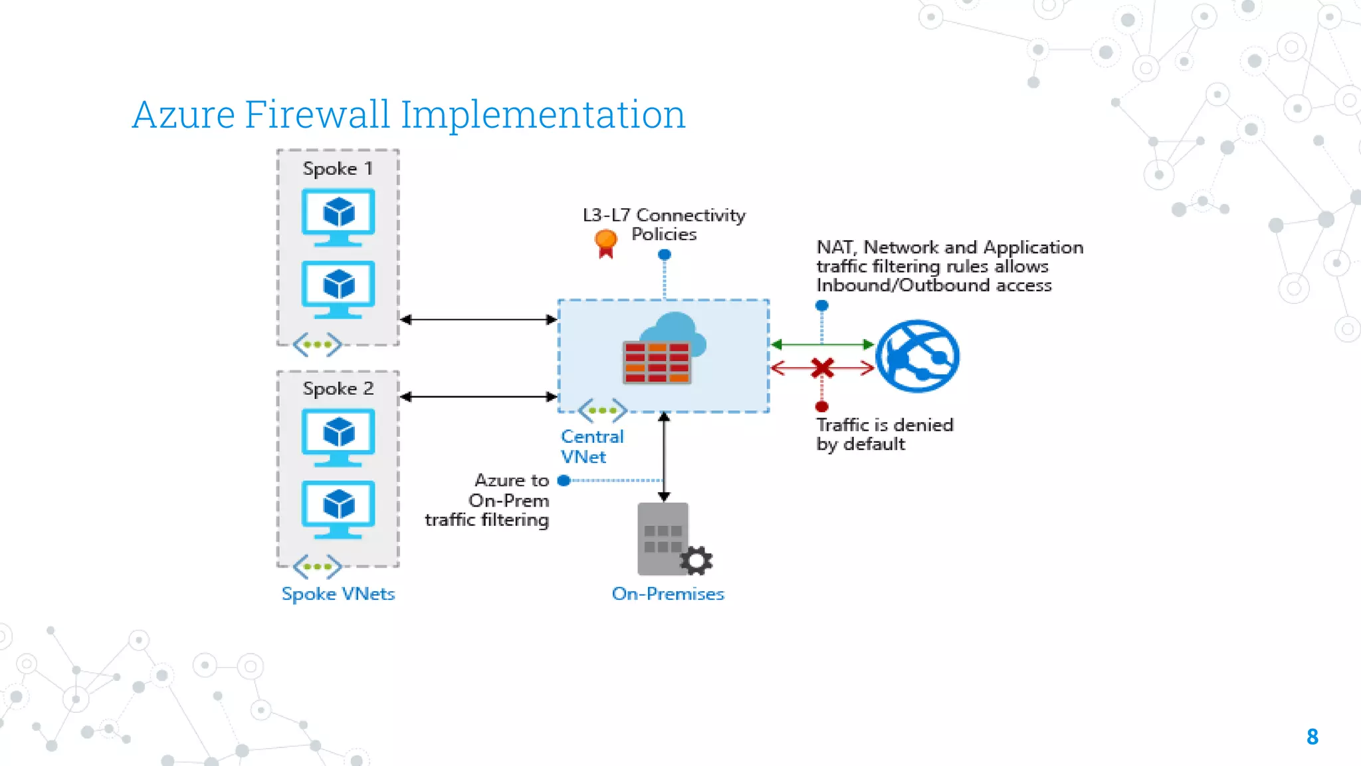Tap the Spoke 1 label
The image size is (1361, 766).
(x=338, y=169)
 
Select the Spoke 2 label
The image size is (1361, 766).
(x=338, y=389)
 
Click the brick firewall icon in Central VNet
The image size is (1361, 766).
(x=657, y=362)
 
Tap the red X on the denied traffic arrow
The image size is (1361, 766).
(x=822, y=368)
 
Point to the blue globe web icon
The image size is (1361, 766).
(x=917, y=356)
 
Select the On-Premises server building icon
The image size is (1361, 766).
(x=662, y=539)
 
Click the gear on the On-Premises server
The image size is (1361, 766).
(x=696, y=561)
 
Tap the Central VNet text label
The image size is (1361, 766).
(x=591, y=446)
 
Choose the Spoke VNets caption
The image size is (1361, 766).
(x=338, y=594)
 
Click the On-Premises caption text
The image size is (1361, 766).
(x=667, y=594)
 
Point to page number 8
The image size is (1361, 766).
(x=1312, y=737)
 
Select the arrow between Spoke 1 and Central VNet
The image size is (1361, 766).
(x=478, y=320)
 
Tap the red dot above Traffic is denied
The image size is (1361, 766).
(x=822, y=406)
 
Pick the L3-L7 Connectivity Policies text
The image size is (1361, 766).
(x=664, y=225)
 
